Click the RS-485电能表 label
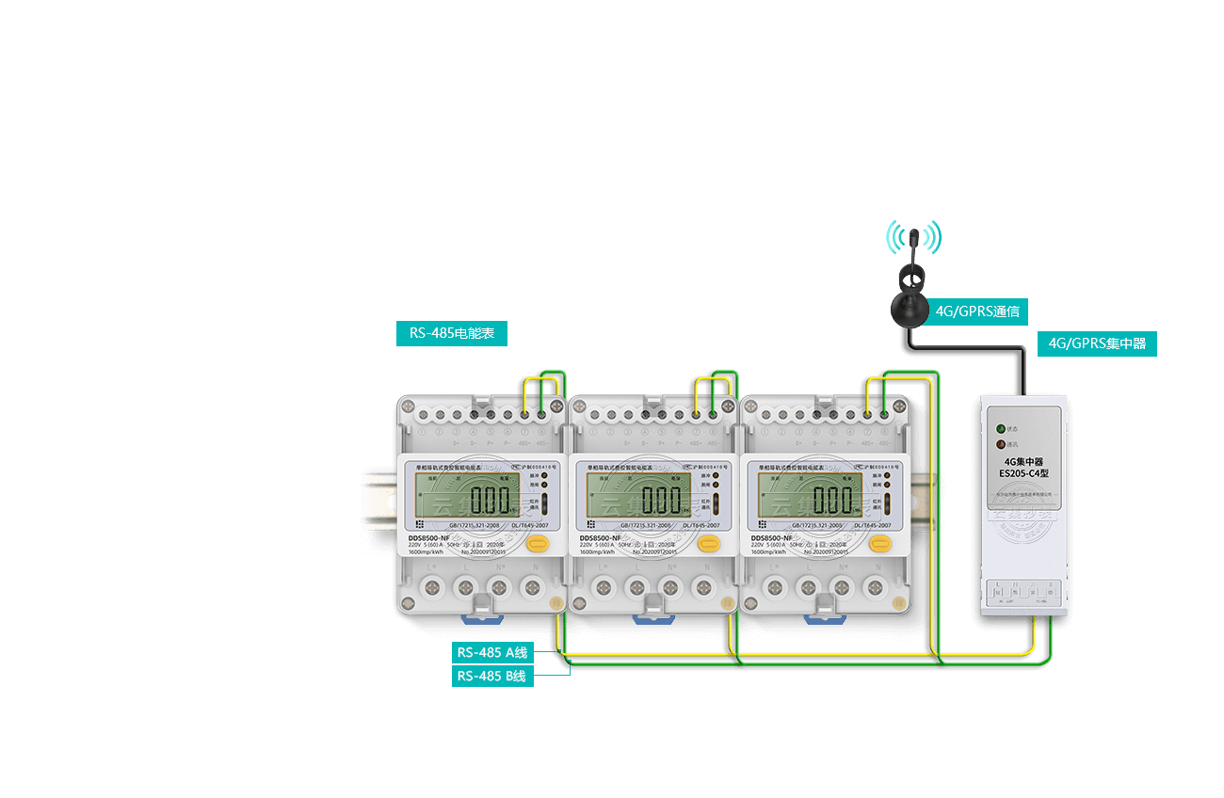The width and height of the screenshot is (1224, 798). [452, 333]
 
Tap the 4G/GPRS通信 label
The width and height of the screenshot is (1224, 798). [976, 311]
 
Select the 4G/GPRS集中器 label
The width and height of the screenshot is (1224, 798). [1097, 343]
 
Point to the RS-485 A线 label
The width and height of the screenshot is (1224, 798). [493, 652]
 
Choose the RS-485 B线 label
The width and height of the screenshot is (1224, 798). [493, 676]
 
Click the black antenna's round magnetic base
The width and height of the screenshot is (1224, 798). [911, 311]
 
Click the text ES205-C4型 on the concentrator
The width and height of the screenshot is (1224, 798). [1023, 473]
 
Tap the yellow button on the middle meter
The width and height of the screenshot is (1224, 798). [709, 543]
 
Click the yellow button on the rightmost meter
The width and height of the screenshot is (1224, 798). [880, 543]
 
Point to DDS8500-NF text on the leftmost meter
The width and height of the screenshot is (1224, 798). [428, 537]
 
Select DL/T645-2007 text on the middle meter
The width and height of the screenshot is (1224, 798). [701, 526]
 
